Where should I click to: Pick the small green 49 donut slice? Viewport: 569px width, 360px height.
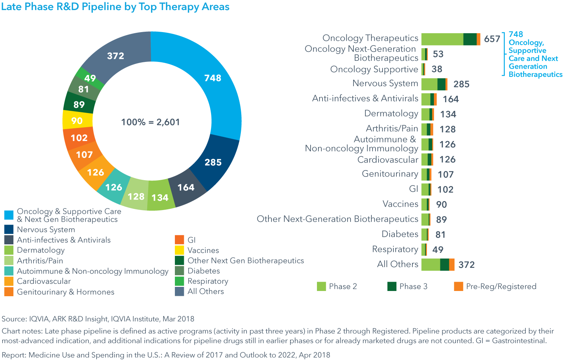click(89, 78)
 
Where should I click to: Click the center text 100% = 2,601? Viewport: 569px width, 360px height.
click(150, 122)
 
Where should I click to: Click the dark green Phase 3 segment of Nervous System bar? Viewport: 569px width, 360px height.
click(441, 84)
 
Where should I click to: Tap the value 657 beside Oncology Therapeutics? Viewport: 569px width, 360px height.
click(492, 39)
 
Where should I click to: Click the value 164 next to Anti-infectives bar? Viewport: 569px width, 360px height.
click(450, 99)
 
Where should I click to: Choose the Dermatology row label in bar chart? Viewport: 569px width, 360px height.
click(391, 113)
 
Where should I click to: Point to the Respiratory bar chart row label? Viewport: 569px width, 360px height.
click(395, 249)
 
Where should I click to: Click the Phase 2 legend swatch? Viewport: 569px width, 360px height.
click(321, 287)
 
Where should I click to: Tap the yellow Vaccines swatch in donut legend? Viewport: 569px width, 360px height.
click(179, 250)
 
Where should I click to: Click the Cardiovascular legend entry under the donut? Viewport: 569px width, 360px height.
click(44, 281)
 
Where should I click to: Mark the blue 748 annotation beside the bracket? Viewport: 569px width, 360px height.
click(516, 34)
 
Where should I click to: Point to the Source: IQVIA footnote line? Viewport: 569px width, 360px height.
click(98, 319)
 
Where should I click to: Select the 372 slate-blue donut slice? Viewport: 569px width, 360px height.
click(115, 56)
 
